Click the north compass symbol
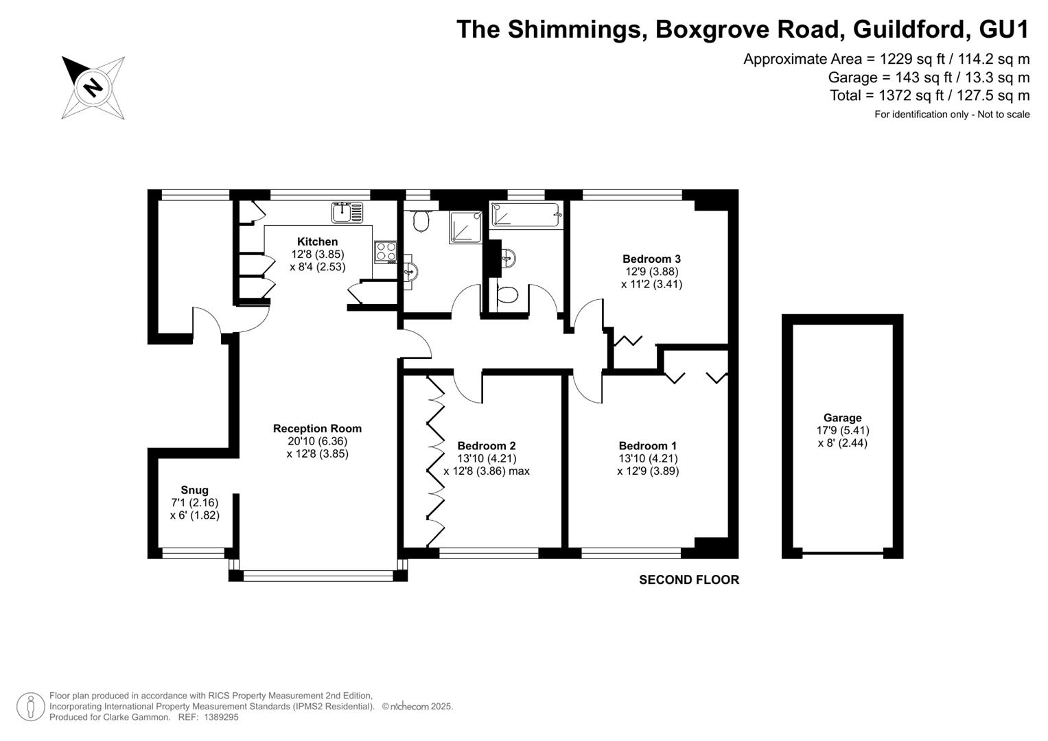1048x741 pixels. (x=93, y=88)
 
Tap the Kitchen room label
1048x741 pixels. (x=317, y=242)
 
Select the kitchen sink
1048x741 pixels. (x=347, y=213)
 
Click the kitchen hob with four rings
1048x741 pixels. (x=386, y=252)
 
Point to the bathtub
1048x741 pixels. (x=525, y=215)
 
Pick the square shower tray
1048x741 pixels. (x=465, y=227)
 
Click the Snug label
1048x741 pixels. (x=195, y=490)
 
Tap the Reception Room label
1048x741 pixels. (x=317, y=429)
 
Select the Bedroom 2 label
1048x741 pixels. (x=487, y=446)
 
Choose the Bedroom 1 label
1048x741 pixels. (x=647, y=446)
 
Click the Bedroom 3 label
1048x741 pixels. (x=651, y=259)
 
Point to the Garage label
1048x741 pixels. (x=843, y=418)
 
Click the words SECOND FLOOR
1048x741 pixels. (x=689, y=580)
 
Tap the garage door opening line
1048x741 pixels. (x=843, y=553)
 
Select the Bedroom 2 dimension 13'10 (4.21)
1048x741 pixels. (x=487, y=458)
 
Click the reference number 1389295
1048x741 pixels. (x=221, y=717)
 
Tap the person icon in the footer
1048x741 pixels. (x=31, y=707)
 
